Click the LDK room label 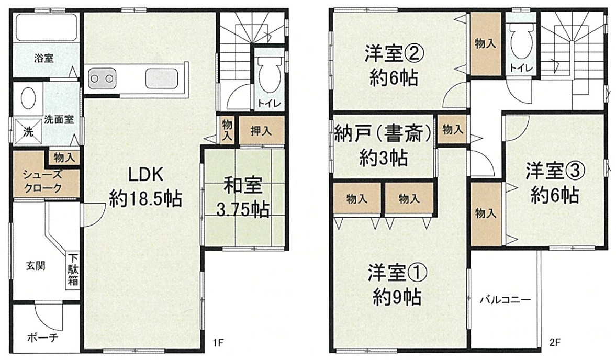[x=145, y=175]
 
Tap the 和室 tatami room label [x=242, y=186]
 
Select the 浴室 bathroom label [x=43, y=59]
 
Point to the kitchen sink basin [x=162, y=78]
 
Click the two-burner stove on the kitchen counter [x=103, y=78]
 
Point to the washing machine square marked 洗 [x=28, y=132]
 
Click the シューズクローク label [x=42, y=181]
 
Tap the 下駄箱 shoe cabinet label [x=73, y=270]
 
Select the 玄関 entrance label [x=36, y=266]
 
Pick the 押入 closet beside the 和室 [x=261, y=131]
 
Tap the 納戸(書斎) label [x=383, y=134]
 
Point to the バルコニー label [x=505, y=301]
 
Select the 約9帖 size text [x=397, y=298]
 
